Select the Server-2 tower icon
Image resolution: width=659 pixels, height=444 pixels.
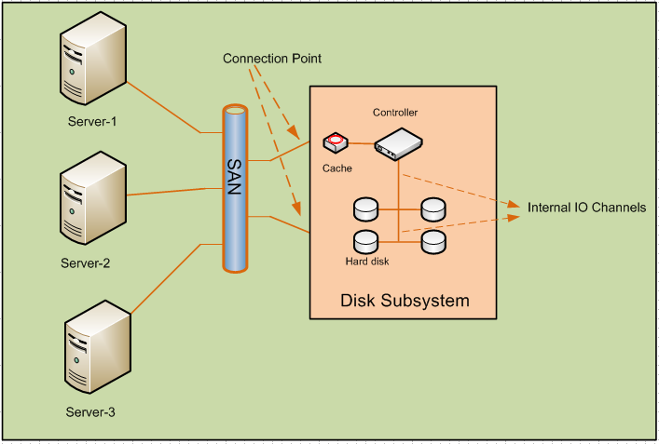[91, 204]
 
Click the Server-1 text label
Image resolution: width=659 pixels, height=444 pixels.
[92, 121]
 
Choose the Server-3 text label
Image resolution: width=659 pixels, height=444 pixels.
[91, 411]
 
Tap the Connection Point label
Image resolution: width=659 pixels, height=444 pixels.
[271, 59]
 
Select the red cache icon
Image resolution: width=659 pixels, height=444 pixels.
[336, 143]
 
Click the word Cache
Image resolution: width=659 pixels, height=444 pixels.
[336, 168]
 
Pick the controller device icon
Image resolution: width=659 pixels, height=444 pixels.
[399, 142]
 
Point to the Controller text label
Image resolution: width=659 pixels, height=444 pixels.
[395, 113]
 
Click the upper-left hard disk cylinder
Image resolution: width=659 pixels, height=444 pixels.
[365, 209]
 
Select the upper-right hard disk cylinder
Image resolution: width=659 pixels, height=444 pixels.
[433, 209]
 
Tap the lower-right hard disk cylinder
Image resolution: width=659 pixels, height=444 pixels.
[433, 242]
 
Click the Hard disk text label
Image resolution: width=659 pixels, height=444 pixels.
[366, 262]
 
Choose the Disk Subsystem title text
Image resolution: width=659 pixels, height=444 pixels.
[404, 301]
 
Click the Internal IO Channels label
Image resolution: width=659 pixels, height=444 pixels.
[586, 208]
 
